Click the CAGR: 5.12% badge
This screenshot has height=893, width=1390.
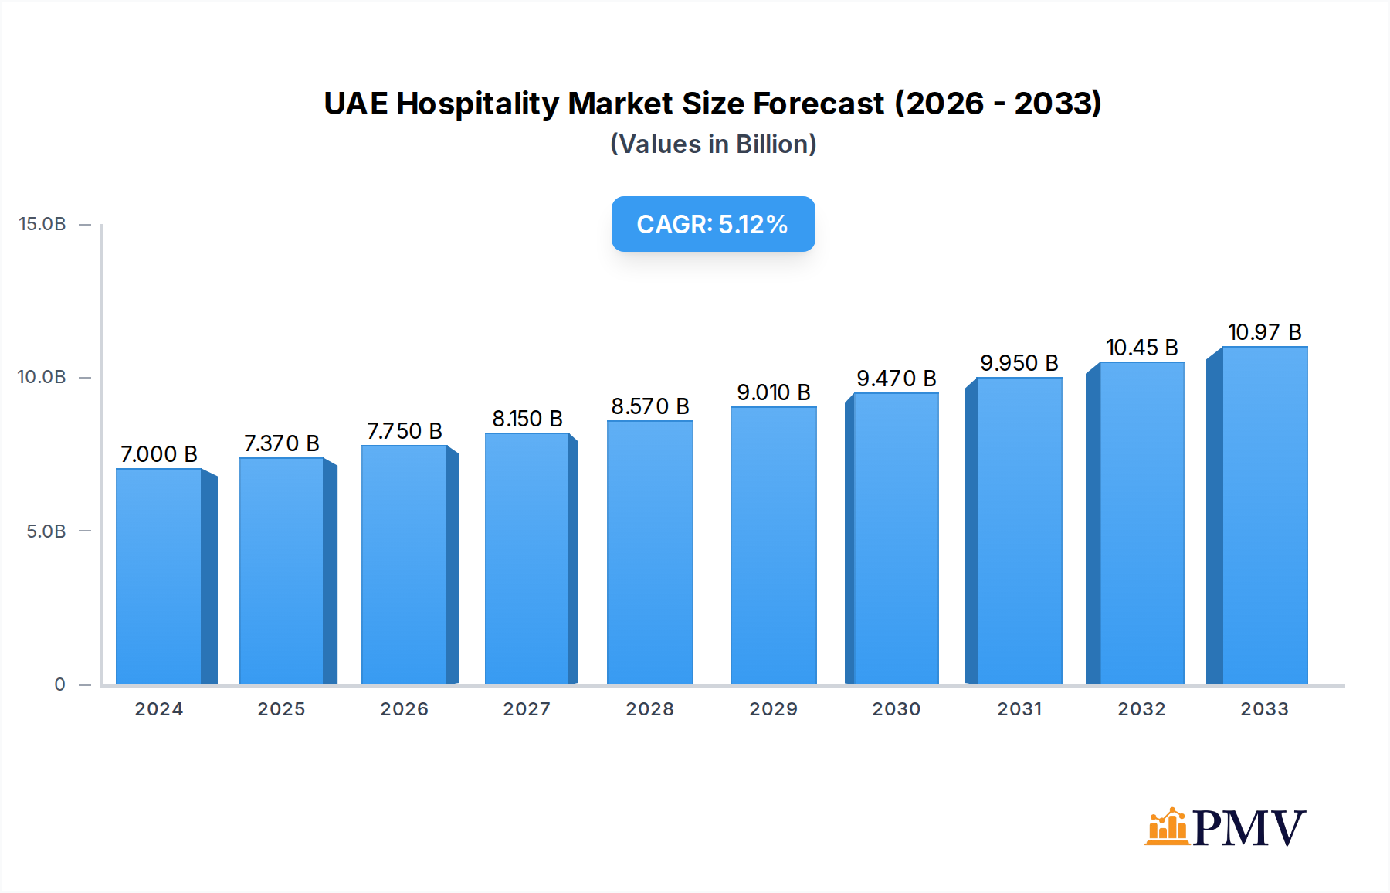point(713,224)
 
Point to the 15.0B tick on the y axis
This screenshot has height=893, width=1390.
point(42,224)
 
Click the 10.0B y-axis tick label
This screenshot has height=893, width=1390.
point(42,377)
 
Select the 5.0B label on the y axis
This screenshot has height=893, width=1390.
point(46,531)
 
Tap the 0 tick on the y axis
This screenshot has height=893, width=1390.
point(60,684)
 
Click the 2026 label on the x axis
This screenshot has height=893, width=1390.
point(404,709)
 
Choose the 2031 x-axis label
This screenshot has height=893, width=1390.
point(1019,709)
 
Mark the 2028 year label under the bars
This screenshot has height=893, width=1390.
point(649,709)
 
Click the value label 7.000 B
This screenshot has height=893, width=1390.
point(159,454)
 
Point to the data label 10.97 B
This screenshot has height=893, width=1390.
point(1264,332)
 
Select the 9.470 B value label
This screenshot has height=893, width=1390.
point(896,379)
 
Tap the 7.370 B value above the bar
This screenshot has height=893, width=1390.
point(282,443)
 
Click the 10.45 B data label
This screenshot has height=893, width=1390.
point(1141,348)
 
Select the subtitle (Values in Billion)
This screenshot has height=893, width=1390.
point(713,144)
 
